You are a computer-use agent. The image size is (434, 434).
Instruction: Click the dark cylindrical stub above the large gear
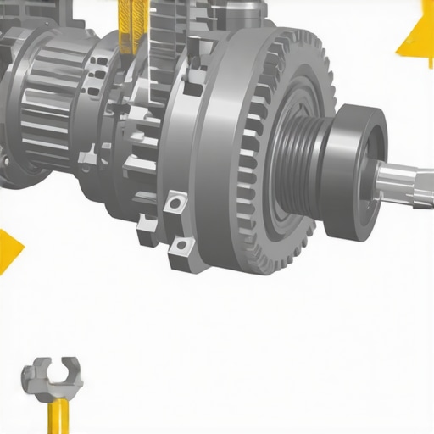[246, 13]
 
